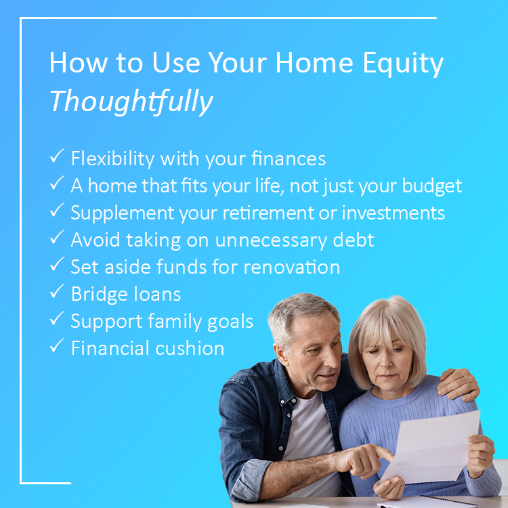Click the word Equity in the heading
403,64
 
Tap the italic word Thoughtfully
131,102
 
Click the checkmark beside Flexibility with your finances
57,156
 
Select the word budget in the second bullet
432,186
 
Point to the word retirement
268,213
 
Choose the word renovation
291,268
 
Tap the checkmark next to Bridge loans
57,291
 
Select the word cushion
190,348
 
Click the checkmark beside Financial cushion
57,345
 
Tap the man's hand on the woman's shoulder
459,385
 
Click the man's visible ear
280,355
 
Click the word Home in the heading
314,63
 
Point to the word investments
394,213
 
